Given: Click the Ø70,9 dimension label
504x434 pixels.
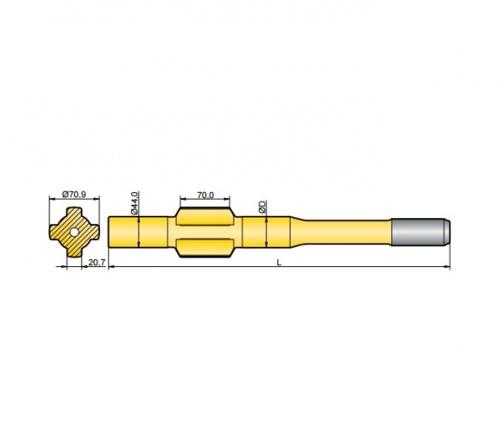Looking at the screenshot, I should (x=74, y=194).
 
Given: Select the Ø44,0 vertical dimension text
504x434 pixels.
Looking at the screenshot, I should (x=134, y=202).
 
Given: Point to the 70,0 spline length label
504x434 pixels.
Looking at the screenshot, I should (x=205, y=195).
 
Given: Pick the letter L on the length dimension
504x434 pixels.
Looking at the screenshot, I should (x=280, y=263).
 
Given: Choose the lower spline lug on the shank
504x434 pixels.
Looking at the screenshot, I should (x=206, y=248).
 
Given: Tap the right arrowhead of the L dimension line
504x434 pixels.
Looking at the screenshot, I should (x=447, y=268).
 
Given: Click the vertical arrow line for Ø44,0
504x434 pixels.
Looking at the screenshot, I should (x=138, y=232).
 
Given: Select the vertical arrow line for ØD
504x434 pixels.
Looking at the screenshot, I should (x=266, y=232).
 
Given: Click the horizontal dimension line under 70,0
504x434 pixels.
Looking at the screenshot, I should (x=205, y=201).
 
